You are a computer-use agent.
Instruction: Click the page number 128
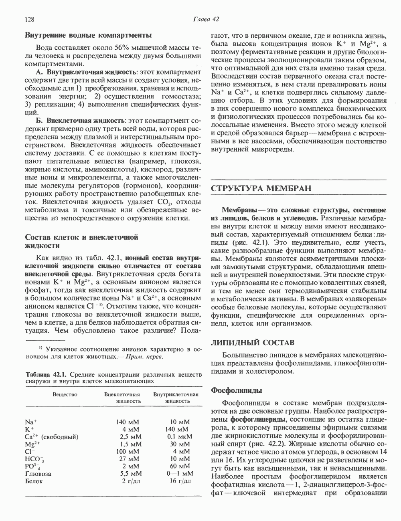coord(30,19)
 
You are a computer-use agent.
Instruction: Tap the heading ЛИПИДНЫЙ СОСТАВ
coord(253,342)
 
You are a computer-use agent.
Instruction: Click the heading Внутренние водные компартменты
coord(88,35)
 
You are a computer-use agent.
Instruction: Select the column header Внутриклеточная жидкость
coord(176,398)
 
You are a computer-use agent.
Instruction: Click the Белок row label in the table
coord(34,481)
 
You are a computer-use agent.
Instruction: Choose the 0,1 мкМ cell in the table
coord(178,436)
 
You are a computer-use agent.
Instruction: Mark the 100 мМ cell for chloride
coord(129,451)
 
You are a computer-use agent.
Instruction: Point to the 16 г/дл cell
coord(180,481)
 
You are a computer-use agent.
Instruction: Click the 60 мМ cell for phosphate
coord(180,466)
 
